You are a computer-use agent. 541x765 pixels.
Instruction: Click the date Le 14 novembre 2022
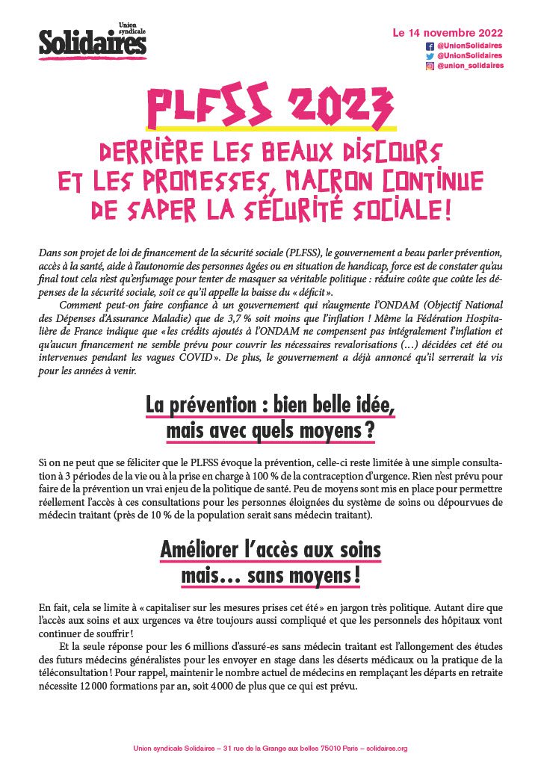(448, 33)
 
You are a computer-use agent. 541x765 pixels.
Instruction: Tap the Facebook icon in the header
(430, 46)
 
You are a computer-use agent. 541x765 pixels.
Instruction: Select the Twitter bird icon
(430, 55)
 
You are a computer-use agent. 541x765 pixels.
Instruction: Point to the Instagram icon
(430, 66)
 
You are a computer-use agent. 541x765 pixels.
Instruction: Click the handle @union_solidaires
(470, 66)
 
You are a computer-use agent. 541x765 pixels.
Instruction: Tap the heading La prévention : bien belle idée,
(270, 407)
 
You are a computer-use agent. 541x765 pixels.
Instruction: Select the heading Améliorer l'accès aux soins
(270, 551)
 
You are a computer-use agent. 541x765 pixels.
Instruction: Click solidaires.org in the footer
(387, 748)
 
